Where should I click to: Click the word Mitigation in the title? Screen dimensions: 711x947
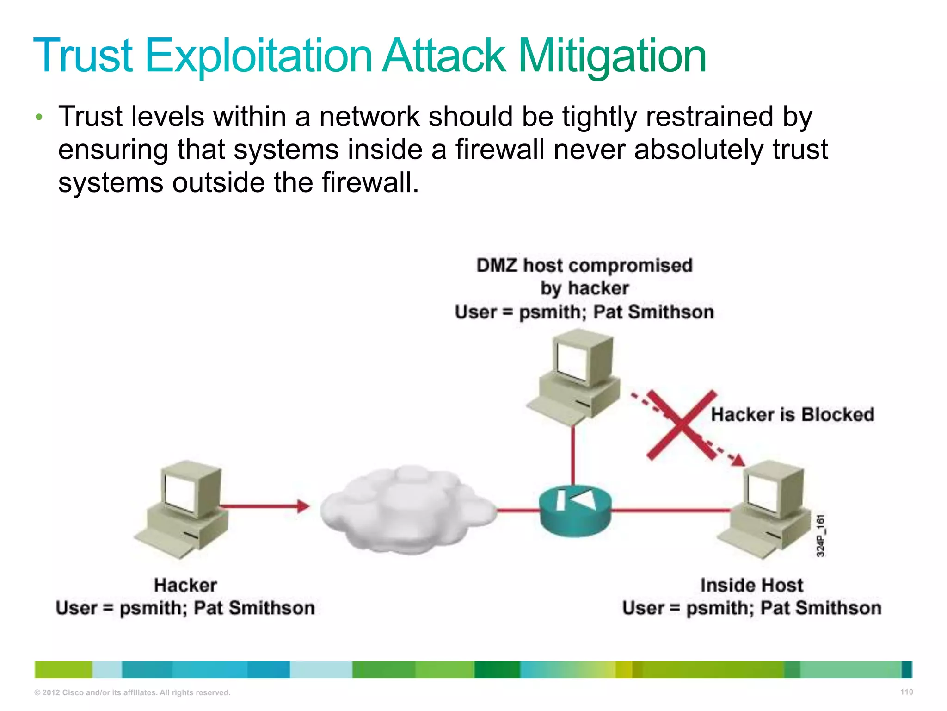pos(612,56)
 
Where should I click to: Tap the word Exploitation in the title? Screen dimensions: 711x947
pos(258,56)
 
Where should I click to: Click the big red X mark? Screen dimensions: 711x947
pos(682,425)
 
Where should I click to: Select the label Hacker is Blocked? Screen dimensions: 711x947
pos(792,414)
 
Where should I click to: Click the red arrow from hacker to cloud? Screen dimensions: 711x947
pos(264,506)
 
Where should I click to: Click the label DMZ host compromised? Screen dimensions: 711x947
pos(584,266)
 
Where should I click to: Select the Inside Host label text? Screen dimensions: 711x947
pos(751,585)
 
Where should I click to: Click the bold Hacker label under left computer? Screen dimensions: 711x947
pos(185,585)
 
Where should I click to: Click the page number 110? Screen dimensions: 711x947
pos(906,692)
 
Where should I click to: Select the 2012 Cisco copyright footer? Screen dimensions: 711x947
pos(132,692)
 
